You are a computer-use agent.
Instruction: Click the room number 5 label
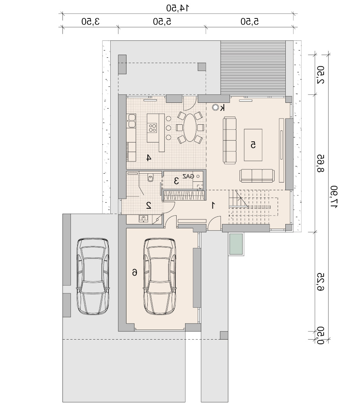[x=253, y=145]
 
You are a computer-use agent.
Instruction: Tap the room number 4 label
[x=149, y=158]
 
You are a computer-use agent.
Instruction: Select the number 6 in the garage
[x=135, y=272]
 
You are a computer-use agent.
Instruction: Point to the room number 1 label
[x=213, y=205]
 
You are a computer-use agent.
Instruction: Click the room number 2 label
[x=149, y=205]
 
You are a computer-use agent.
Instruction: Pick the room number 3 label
[x=176, y=181]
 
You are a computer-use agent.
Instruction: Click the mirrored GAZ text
[x=188, y=176]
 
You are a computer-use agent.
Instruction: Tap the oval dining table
[x=190, y=128]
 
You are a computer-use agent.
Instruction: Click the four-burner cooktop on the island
[x=153, y=128]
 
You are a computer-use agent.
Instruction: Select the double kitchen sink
[x=131, y=121]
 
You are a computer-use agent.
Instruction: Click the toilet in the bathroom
[x=150, y=177]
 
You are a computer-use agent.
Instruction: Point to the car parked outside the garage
[x=93, y=276]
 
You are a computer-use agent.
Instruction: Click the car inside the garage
[x=160, y=276]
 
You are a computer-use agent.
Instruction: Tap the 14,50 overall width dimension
[x=178, y=8]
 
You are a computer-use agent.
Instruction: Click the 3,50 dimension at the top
[x=91, y=21]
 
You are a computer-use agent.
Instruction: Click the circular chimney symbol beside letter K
[x=215, y=107]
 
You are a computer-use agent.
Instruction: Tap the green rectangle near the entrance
[x=236, y=244]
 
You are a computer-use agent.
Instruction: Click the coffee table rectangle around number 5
[x=253, y=145]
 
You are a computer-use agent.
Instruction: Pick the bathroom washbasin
[x=143, y=219]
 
